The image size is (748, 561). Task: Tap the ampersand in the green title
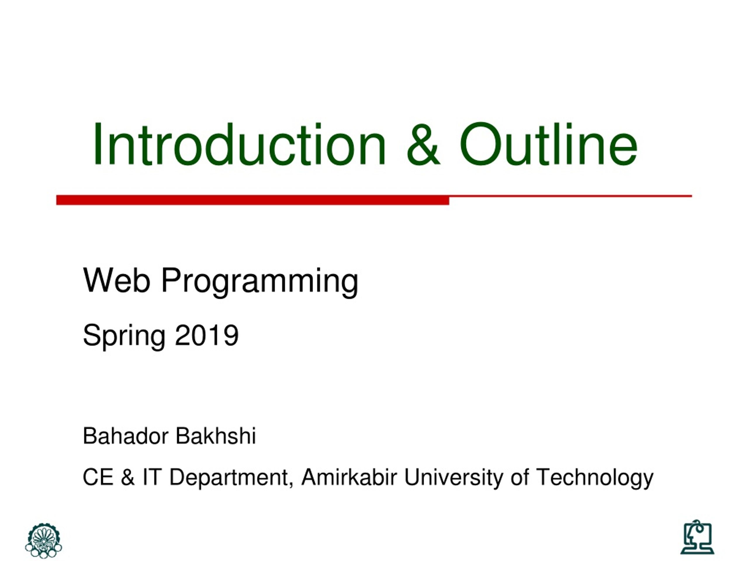click(x=424, y=144)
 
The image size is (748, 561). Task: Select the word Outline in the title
click(x=548, y=144)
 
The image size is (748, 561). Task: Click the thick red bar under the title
click(x=253, y=200)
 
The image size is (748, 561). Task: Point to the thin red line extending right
click(x=570, y=196)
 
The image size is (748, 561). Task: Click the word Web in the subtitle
click(x=116, y=280)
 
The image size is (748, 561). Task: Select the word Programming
click(x=259, y=283)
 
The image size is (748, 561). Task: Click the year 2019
click(x=207, y=335)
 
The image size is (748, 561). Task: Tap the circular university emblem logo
click(x=44, y=540)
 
